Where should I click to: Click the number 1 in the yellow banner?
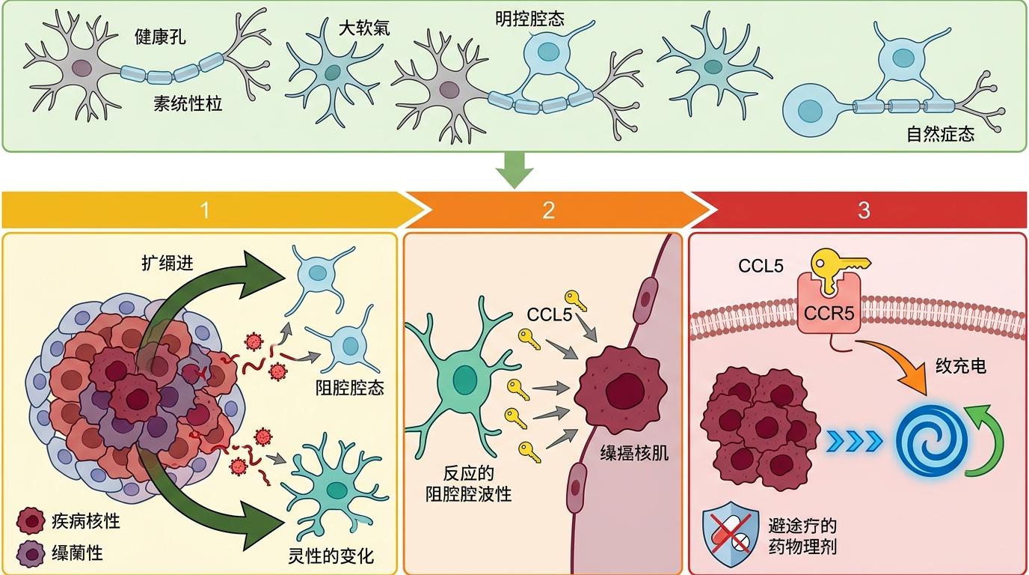(205, 210)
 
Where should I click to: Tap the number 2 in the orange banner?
(548, 210)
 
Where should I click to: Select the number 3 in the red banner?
(864, 210)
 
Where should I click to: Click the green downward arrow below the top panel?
(514, 169)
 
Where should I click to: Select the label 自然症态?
(940, 136)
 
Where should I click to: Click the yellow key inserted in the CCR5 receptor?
(838, 271)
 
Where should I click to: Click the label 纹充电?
(961, 366)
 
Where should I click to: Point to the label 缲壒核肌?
(634, 454)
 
